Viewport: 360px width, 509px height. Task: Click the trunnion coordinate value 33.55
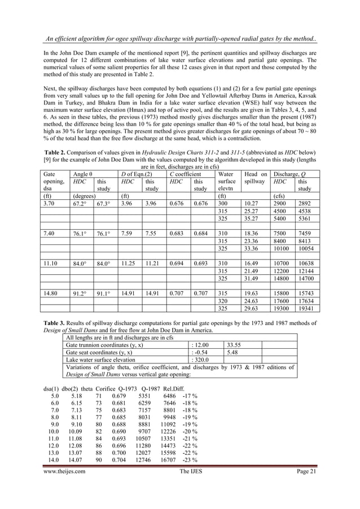click(x=235, y=344)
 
